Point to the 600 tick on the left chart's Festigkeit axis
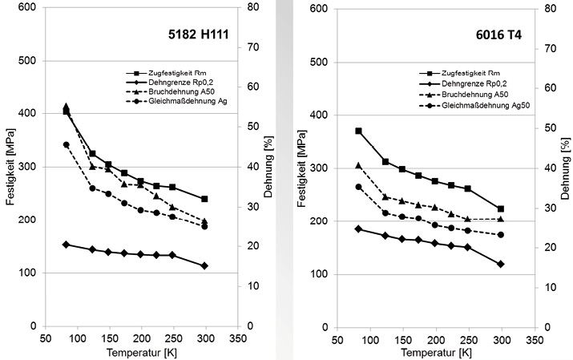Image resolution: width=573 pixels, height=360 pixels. (29, 8)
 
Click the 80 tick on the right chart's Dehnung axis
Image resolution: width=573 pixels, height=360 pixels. (551, 9)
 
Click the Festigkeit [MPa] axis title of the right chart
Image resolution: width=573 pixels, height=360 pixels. (305, 168)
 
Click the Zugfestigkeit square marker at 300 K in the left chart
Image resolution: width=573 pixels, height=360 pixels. (205, 199)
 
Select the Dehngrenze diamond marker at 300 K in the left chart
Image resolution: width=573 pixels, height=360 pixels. (205, 265)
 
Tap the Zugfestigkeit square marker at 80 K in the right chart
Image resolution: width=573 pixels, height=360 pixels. (359, 131)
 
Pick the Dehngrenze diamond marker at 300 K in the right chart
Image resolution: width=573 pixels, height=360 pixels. (501, 264)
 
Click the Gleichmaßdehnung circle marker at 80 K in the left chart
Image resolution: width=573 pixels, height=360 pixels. (67, 145)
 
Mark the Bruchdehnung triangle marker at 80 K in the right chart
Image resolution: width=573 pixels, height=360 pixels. (359, 165)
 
